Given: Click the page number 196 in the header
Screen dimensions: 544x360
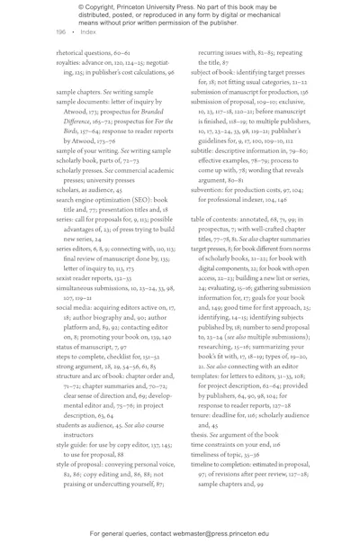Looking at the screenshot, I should tap(60, 32).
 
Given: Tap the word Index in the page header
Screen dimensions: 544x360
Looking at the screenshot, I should tap(88, 32).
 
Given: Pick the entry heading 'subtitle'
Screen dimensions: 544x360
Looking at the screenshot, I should tap(204, 150).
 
